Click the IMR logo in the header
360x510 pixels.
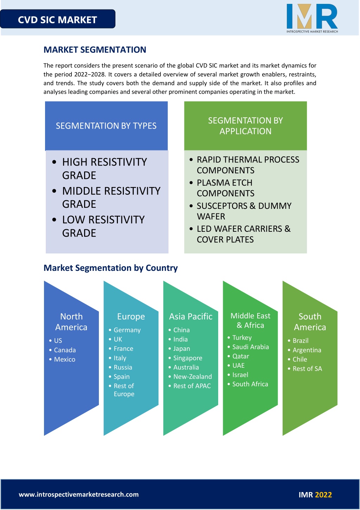coord(312,18)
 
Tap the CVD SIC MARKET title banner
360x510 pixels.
coord(57,19)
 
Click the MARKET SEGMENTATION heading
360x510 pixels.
coord(95,50)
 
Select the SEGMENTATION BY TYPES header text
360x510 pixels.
coord(106,126)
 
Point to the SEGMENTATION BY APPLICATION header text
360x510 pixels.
coord(245,126)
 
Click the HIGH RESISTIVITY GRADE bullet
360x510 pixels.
coord(105,169)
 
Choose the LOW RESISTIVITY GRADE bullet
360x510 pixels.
coord(103,226)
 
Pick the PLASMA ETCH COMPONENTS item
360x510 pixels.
coord(225,188)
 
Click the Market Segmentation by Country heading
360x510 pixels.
coord(110,268)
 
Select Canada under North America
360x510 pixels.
coord(65,350)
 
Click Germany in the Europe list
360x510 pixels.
coord(127,330)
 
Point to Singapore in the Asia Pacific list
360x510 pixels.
coord(188,358)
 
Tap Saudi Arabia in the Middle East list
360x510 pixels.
coord(251,347)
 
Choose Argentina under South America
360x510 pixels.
coord(307,350)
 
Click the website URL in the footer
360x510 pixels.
coord(79,494)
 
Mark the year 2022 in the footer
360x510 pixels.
coord(323,495)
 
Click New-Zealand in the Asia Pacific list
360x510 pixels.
coord(192,377)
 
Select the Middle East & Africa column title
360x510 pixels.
coord(251,321)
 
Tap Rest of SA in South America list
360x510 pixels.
coord(307,369)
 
